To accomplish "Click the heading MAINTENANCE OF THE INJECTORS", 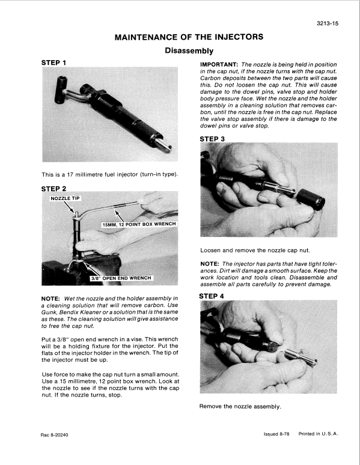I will click(x=189, y=37).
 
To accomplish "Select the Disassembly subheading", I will click(x=189, y=51).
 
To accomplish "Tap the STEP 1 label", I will click(x=54, y=62).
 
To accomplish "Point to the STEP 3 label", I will click(x=213, y=139).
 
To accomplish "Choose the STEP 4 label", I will click(x=213, y=296).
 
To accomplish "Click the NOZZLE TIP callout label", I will click(x=66, y=198).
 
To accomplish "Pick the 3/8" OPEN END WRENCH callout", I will click(x=120, y=278).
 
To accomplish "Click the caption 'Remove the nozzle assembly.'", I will click(x=240, y=407).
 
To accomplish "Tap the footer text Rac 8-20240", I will click(x=58, y=434).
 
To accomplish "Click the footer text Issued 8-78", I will click(x=277, y=434).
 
